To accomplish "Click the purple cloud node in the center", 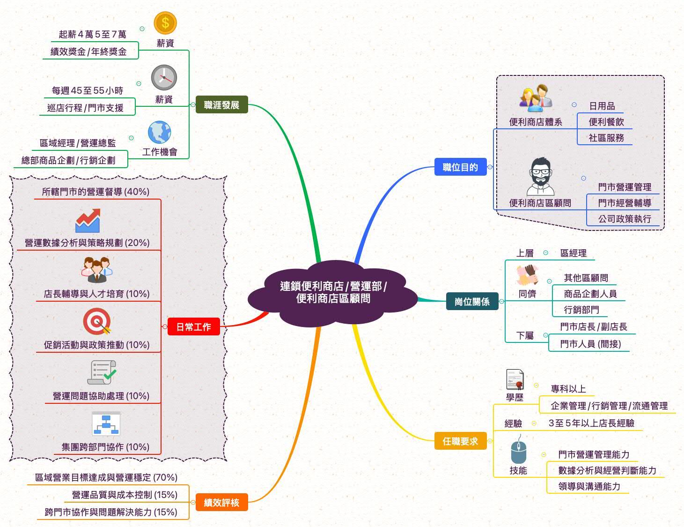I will click(x=333, y=293).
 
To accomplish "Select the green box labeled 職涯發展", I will click(x=221, y=105).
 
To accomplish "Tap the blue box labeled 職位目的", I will click(x=460, y=167).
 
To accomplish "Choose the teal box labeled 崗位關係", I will click(x=472, y=302).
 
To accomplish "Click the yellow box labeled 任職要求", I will click(x=460, y=441).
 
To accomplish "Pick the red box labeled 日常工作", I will click(x=193, y=327).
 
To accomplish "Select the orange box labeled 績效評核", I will click(x=221, y=503).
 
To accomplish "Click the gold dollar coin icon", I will click(x=165, y=23).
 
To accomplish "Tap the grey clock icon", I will click(x=164, y=78).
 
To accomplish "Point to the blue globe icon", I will click(x=160, y=133).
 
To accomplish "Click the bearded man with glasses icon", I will click(x=541, y=177).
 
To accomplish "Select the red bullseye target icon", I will click(x=97, y=322).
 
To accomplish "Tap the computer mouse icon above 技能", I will click(x=518, y=450).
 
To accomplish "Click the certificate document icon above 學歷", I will click(x=515, y=379).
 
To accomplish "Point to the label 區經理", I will click(x=573, y=253).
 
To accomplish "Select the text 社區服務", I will click(x=606, y=138).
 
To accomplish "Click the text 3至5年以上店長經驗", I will click(x=591, y=423).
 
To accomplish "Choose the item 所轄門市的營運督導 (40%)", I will click(x=96, y=192).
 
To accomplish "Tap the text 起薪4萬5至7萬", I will click(x=92, y=34).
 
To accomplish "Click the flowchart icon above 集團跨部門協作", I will click(x=106, y=423).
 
